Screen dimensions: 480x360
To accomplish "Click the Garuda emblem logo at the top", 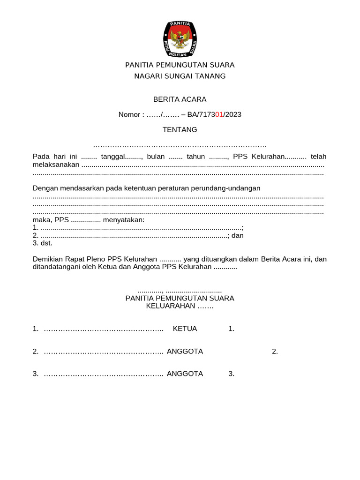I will [x=180, y=39].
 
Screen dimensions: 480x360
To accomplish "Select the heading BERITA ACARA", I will [x=180, y=99].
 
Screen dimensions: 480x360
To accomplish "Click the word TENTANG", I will [x=180, y=129].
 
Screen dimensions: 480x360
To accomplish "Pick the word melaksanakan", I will [x=56, y=165].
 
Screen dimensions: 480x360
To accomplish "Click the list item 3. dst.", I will [x=43, y=243].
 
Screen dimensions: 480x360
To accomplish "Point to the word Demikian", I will [x=47, y=259].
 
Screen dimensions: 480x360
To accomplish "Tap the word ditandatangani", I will [x=56, y=267].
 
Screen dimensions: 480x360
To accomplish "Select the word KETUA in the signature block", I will [x=185, y=329].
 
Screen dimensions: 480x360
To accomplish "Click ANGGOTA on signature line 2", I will [x=185, y=351].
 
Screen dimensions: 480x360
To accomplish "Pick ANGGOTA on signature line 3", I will [x=185, y=374].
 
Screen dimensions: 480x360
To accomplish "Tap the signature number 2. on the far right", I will [x=275, y=351].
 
